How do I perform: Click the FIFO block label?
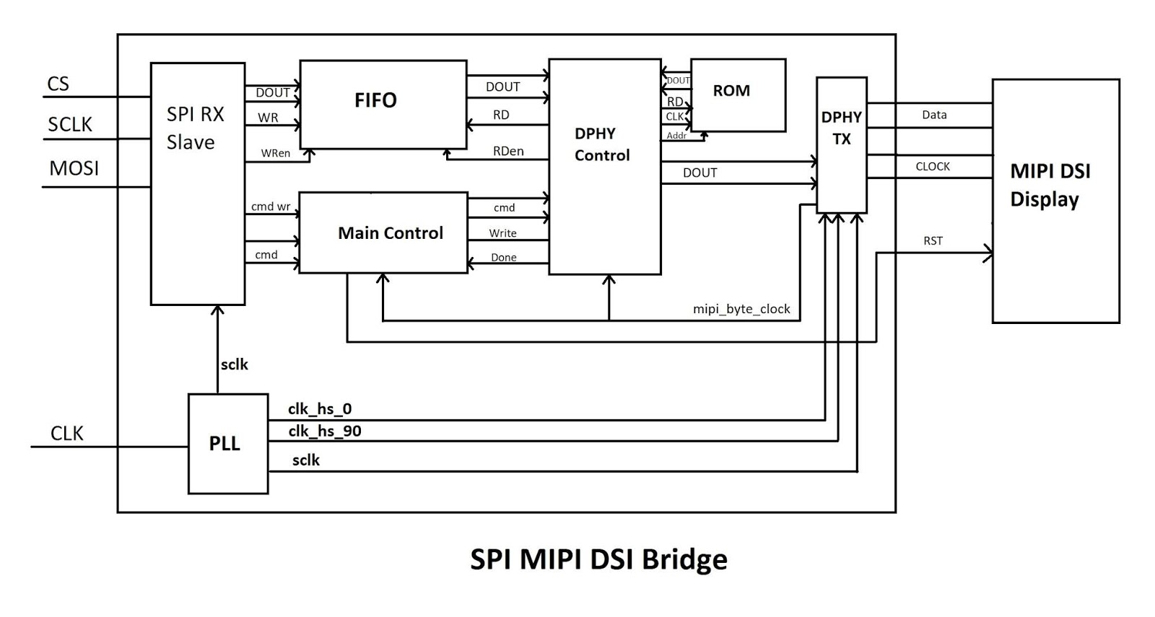point(375,100)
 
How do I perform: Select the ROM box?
point(738,95)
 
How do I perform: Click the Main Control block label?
point(391,233)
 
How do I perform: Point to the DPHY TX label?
point(841,128)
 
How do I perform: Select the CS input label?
point(58,84)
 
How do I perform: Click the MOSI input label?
point(74,168)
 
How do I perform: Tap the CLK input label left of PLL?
point(66,433)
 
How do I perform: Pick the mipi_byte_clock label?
point(741,309)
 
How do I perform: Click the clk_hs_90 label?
point(325,431)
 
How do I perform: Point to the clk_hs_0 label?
point(320,408)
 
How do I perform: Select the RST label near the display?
point(933,240)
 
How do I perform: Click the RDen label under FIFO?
point(508,151)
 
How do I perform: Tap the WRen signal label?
point(275,153)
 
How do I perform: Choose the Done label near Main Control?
point(503,257)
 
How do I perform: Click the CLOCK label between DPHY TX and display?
point(933,166)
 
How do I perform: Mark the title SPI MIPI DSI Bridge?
point(598,559)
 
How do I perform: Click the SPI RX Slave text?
point(195,128)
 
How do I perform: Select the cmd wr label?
point(270,206)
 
